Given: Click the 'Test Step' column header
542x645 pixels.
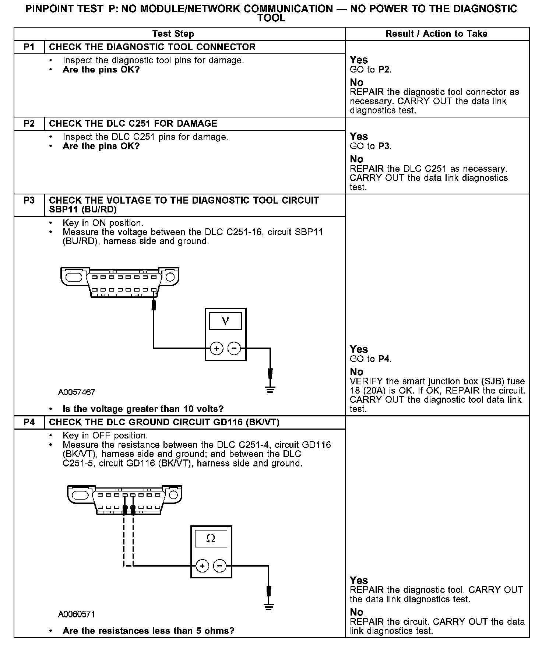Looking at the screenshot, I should point(173,34).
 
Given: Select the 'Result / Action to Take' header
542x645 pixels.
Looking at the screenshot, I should point(436,34).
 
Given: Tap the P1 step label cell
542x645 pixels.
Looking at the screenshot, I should point(29,47).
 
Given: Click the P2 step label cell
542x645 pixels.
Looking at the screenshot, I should point(29,124).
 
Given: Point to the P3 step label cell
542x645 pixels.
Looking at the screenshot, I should point(29,201).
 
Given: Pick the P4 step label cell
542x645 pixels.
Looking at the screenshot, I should point(29,422).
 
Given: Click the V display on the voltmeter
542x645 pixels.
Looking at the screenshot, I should point(225,321).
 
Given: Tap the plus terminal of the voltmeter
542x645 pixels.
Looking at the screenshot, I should point(217,348).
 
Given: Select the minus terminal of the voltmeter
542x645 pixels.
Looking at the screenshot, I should point(234,348).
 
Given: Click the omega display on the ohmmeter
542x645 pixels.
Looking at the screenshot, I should point(211,539).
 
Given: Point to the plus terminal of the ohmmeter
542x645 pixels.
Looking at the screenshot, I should point(202,566).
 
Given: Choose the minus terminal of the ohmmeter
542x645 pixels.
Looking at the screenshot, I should point(220,566).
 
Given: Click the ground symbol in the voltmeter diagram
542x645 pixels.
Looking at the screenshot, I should point(270,389).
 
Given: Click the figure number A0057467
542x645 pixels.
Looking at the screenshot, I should point(77,392).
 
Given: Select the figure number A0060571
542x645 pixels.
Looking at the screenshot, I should point(77,614).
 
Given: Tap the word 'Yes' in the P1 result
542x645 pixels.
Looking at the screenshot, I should point(359,60).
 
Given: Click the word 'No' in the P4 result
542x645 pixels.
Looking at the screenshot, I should point(356,612).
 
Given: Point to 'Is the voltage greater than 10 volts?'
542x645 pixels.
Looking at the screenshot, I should point(143,409).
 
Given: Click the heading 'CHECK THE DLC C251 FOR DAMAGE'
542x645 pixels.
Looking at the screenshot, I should point(133,124).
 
